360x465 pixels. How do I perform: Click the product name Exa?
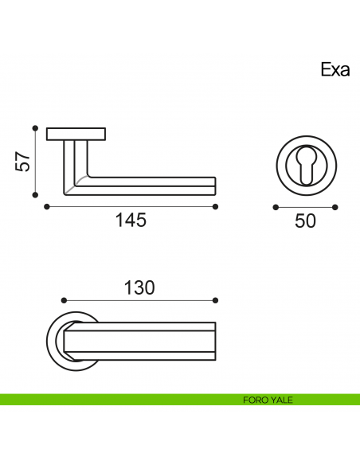point(335,70)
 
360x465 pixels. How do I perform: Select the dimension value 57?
point(23,162)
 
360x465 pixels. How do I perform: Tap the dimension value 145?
point(131,220)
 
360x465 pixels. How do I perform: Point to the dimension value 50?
point(305,221)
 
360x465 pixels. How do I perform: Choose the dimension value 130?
point(139,287)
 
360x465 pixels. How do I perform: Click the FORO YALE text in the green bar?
point(268,400)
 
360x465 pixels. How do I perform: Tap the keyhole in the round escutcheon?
point(307,166)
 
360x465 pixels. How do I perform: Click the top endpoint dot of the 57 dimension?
point(35,128)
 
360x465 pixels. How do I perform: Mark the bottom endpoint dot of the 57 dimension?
point(35,195)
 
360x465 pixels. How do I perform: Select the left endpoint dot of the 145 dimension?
point(46,207)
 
